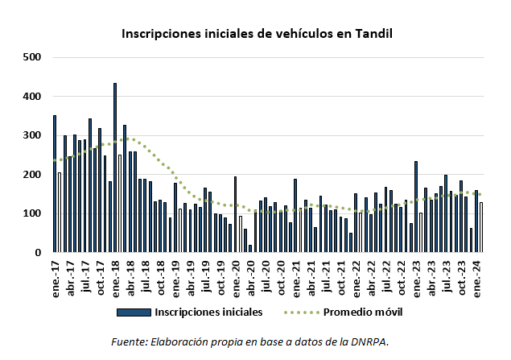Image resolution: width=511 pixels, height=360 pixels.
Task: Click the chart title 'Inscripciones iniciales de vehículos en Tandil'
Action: pos(256,34)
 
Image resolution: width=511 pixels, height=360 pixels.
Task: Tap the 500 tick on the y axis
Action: pos(32,57)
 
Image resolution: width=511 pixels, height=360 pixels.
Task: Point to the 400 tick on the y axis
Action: pos(32,97)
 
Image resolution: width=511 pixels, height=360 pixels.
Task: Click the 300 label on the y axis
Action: pos(32,135)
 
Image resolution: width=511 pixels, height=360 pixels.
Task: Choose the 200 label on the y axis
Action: pos(32,175)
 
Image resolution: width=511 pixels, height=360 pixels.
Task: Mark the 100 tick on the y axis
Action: pos(32,213)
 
